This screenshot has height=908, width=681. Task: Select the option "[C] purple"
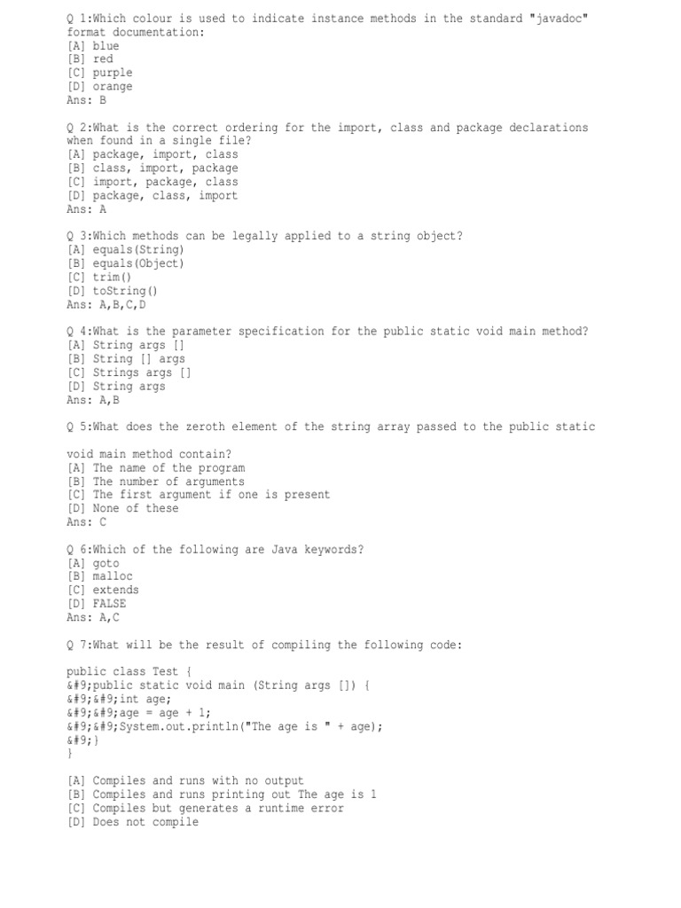[99, 73]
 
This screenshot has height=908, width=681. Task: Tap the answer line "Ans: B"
[86, 100]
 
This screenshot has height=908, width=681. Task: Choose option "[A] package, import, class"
[153, 154]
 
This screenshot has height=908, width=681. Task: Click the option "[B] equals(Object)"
[126, 263]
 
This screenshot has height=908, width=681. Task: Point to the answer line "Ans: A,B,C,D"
[106, 304]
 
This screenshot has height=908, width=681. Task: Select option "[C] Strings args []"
[129, 372]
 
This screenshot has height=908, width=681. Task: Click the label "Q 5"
[76, 427]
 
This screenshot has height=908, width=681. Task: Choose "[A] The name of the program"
[156, 467]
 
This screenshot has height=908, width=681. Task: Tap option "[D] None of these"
[122, 508]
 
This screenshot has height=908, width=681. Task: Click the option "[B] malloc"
[99, 576]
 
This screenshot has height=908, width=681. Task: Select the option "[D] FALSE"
[96, 604]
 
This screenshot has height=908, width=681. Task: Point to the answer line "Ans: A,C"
[92, 617]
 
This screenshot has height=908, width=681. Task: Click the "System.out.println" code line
[224, 726]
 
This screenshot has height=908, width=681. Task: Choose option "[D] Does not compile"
[132, 822]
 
